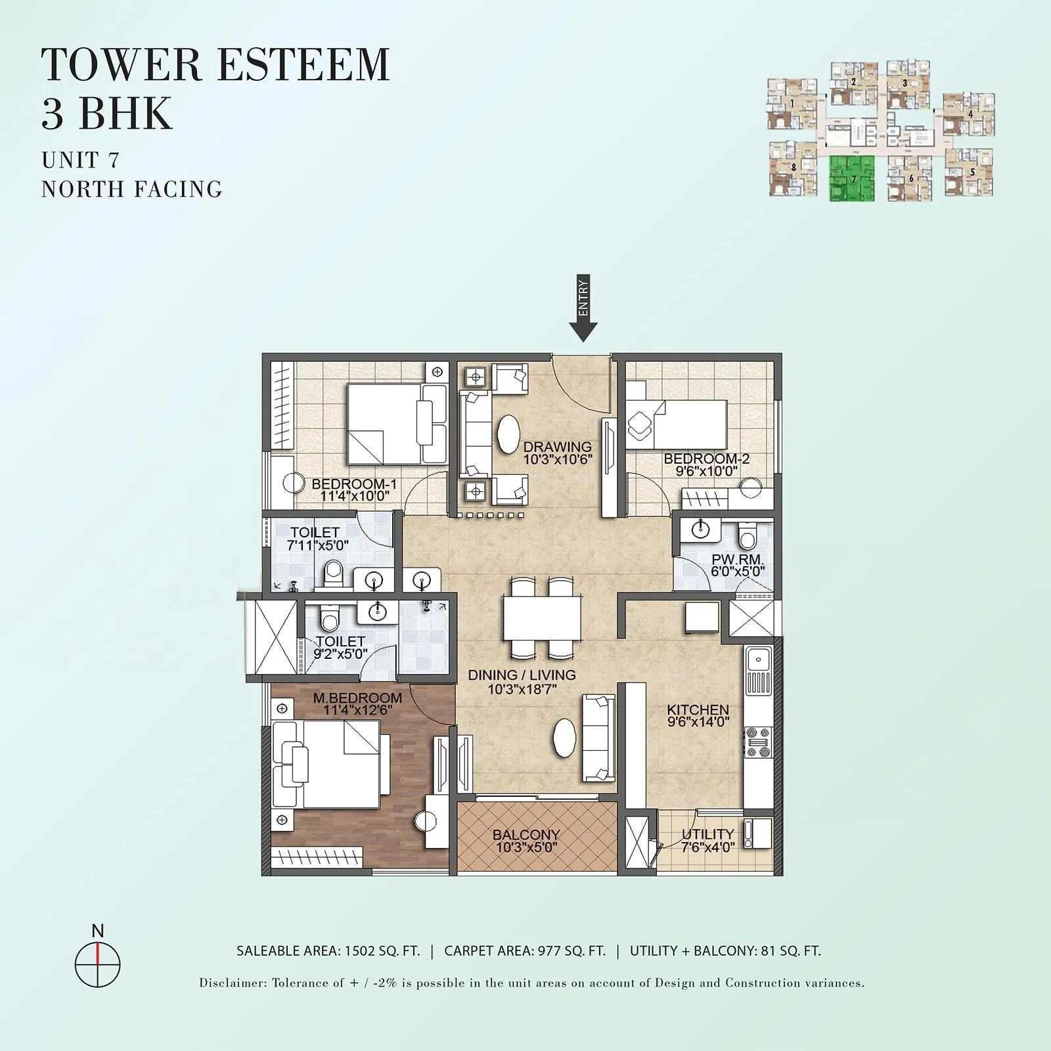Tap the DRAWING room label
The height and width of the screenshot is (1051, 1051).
tap(557, 447)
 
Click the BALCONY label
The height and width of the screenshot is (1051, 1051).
tap(525, 835)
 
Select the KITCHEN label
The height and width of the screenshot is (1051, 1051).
tap(698, 710)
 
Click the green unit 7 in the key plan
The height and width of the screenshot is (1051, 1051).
tap(853, 178)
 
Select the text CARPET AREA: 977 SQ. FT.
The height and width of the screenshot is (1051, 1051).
tap(525, 950)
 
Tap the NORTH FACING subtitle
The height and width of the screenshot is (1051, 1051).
tap(132, 189)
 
